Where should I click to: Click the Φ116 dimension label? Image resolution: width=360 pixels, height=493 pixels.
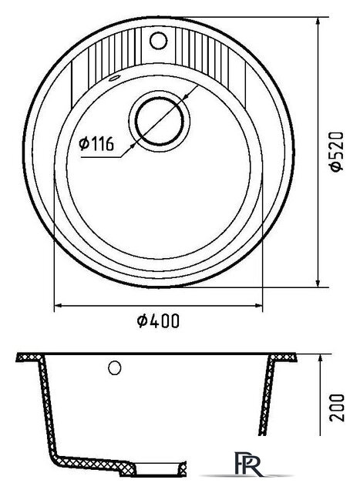pos(96,144)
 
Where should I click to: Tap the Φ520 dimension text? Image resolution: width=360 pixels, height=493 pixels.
pos(336,152)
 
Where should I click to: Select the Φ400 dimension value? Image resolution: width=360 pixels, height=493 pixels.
pos(158,320)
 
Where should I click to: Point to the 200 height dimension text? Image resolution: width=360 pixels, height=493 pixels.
pos(337,407)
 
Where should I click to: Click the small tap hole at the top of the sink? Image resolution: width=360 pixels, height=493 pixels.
pos(158,40)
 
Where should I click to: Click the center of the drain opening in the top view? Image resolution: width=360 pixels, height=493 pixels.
pos(159,121)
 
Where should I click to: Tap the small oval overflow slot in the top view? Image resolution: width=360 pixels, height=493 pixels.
pos(114,78)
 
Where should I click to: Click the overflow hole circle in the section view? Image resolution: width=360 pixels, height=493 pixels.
pos(115,367)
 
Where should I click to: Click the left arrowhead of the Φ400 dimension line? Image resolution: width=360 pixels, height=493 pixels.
pos(59,305)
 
